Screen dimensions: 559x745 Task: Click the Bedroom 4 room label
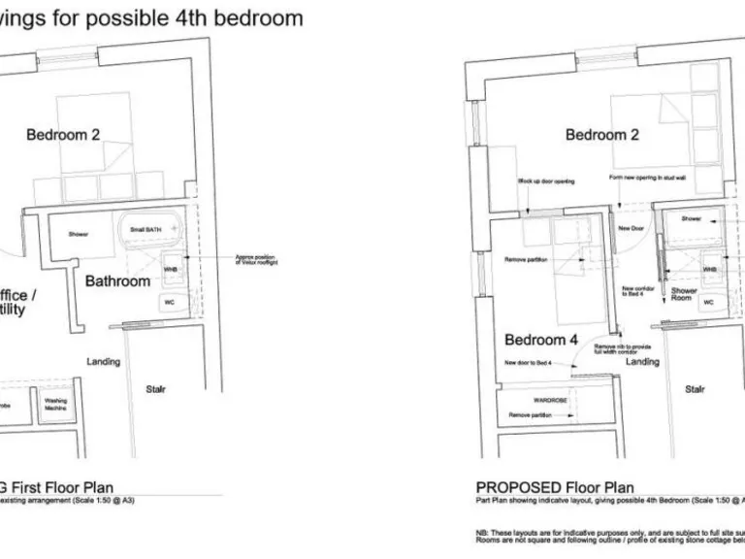(x=541, y=340)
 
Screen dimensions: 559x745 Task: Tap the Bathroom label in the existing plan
(x=118, y=281)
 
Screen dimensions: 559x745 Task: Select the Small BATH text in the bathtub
(x=147, y=229)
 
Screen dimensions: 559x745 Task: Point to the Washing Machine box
(x=55, y=405)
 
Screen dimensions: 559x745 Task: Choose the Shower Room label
(x=684, y=294)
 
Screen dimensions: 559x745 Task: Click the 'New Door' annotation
(x=631, y=229)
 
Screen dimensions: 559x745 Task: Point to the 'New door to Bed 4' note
(x=528, y=363)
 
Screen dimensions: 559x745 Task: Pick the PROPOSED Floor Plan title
(x=555, y=487)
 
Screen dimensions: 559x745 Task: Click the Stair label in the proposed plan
(x=695, y=389)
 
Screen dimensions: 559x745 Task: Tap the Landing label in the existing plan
(x=104, y=362)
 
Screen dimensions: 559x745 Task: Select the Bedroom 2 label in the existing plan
(x=63, y=135)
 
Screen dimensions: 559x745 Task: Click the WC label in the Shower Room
(x=708, y=302)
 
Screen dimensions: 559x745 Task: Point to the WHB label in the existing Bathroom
(x=170, y=269)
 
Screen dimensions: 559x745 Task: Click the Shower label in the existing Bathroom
(x=78, y=234)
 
